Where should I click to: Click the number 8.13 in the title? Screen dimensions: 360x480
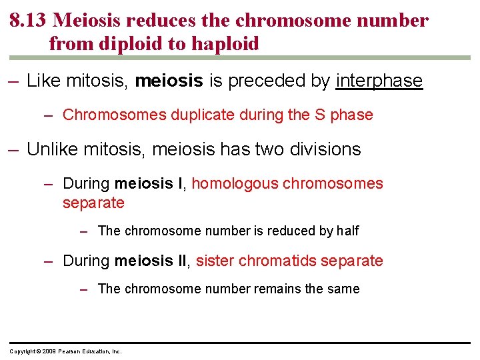point(28,21)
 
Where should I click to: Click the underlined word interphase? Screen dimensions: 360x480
point(379,81)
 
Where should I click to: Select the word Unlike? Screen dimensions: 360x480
point(53,149)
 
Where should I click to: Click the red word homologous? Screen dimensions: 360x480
point(235,184)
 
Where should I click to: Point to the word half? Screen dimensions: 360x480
point(348,231)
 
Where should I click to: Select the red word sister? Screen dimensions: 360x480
point(215,261)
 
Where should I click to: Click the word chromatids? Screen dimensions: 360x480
point(277,261)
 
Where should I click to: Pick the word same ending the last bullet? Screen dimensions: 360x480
point(343,289)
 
